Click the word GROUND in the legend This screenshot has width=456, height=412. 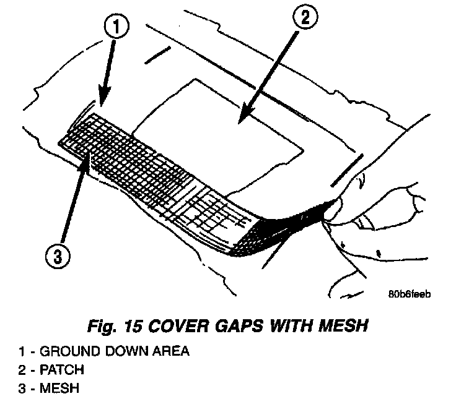(66, 351)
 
